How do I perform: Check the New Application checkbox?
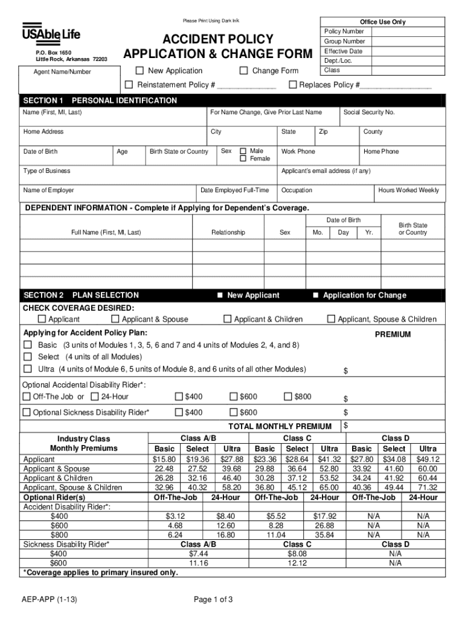point(139,71)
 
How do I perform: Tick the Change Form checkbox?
point(243,71)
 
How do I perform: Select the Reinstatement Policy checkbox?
point(129,85)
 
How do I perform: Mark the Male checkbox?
point(243,151)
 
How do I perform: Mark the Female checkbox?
point(243,159)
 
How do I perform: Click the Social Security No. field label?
point(369,112)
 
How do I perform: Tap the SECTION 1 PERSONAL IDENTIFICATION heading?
point(100,100)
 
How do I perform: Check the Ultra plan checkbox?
point(27,369)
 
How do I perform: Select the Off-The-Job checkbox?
point(26,397)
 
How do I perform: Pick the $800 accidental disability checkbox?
point(288,397)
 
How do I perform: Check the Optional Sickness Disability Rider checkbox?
point(26,413)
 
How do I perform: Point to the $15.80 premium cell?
point(164,459)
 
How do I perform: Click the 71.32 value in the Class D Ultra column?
point(428,487)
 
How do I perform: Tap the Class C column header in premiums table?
point(297,438)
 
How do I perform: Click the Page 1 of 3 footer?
point(213,600)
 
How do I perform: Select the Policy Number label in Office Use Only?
point(344,31)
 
